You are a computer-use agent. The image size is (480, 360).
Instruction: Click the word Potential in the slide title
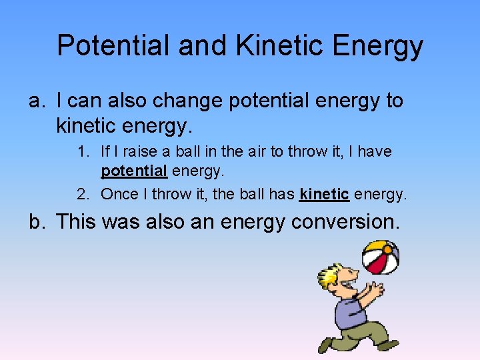[113, 46]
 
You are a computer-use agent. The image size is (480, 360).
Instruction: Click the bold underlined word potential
[134, 171]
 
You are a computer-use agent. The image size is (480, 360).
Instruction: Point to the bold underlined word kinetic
[325, 195]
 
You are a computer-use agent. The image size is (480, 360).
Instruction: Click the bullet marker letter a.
[36, 101]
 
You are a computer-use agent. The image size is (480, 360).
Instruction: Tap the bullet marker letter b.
[36, 221]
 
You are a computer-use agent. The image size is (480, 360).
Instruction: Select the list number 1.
[82, 152]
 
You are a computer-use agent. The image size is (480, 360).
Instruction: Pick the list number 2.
[82, 195]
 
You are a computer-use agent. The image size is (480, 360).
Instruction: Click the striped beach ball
[380, 257]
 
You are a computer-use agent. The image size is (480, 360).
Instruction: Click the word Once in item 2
[118, 195]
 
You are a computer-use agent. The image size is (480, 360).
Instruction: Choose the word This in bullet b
[77, 221]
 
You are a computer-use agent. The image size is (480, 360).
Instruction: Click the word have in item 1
[375, 152]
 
